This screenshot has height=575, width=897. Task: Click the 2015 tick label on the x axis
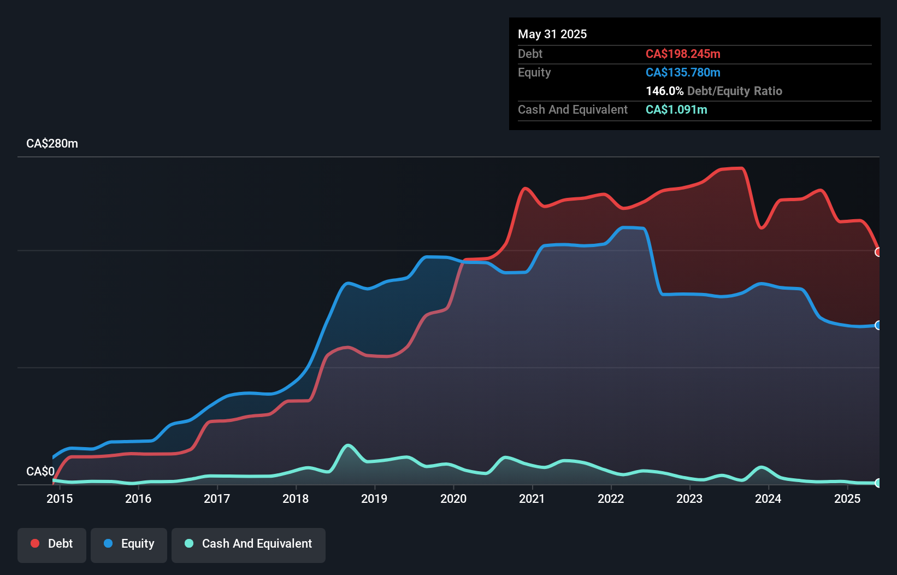[x=60, y=498]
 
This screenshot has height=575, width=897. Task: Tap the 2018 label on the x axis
[x=296, y=498]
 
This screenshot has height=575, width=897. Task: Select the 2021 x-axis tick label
[x=532, y=498]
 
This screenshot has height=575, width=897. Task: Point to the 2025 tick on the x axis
[x=847, y=498]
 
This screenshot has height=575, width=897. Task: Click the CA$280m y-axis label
[x=52, y=144]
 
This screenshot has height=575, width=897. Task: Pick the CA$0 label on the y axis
[x=40, y=471]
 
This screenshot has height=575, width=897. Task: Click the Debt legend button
[x=52, y=544]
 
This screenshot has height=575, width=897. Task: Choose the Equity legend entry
[x=129, y=544]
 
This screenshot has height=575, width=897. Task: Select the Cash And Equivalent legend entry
[x=249, y=544]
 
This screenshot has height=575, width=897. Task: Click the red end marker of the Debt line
[x=878, y=252]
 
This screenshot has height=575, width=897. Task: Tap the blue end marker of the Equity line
[x=878, y=325]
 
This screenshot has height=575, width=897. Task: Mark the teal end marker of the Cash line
[x=878, y=483]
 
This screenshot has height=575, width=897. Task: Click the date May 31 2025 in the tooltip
[x=552, y=34]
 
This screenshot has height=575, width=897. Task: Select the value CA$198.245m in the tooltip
[x=683, y=54]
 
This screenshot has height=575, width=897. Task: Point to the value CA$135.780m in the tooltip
[x=683, y=72]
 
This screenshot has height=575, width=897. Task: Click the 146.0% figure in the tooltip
[x=664, y=91]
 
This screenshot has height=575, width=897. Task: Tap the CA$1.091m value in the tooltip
[x=676, y=109]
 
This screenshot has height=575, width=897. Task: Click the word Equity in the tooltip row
[x=534, y=72]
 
